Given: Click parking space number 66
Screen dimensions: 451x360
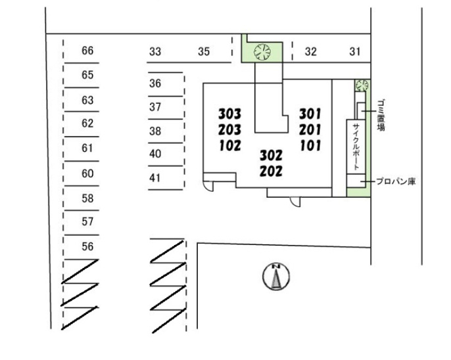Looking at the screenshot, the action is point(87,51).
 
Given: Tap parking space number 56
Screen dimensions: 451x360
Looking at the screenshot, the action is point(87,246).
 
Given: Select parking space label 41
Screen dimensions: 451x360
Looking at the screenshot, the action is point(155,178).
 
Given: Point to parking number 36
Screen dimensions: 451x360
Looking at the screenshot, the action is point(155,83).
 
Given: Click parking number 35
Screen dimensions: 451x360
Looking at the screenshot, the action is point(204,52).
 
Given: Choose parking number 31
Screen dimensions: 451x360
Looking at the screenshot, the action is point(355,52).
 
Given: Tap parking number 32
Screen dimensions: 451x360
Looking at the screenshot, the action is point(310,52).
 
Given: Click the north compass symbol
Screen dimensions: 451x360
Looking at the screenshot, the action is point(276,276).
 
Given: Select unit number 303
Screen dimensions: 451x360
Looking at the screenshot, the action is point(229,114).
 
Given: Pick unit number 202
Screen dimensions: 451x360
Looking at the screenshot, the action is point(271,171).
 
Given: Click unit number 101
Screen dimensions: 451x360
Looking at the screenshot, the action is point(310,146).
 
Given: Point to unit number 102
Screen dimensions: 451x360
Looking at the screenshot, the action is point(230,146).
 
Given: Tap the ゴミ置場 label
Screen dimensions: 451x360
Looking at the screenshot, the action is point(381,116).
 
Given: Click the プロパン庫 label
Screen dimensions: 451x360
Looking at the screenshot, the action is point(396,181).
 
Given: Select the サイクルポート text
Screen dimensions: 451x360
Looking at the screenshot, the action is point(356,146).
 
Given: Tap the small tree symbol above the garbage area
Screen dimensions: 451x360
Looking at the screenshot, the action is point(362,85).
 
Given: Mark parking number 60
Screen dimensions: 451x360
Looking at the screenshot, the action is point(87,173).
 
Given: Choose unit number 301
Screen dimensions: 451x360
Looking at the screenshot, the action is point(310,114).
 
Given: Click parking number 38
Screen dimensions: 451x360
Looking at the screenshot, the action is point(155,131).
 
